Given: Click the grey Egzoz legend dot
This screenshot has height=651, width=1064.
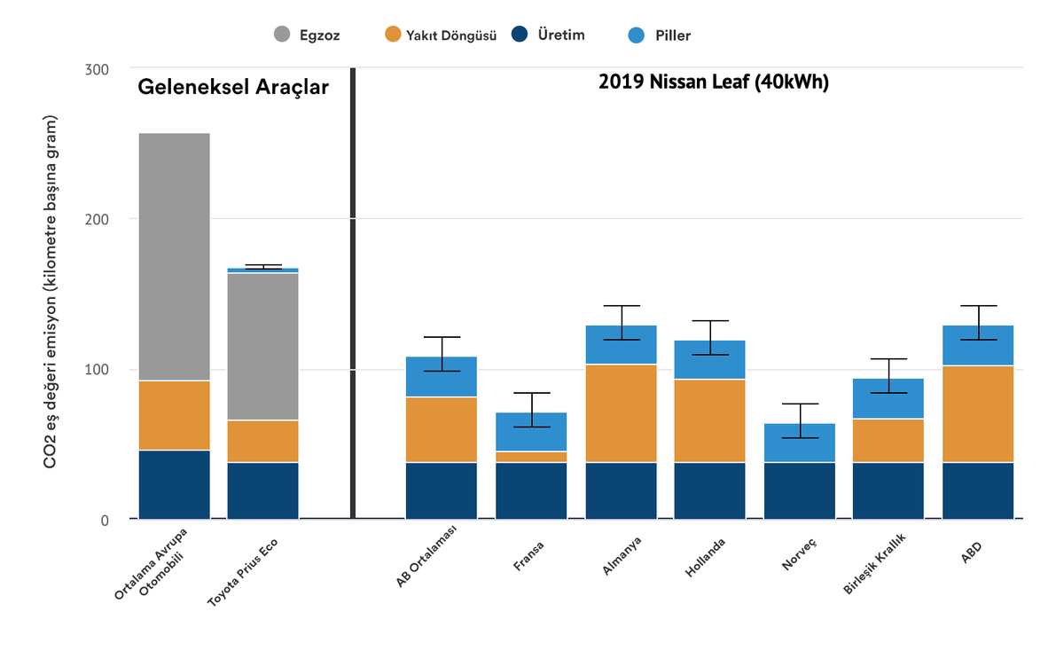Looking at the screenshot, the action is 282,35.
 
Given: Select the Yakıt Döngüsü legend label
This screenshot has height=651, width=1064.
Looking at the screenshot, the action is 451,35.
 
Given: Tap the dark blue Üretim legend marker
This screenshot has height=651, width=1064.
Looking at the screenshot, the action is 520,35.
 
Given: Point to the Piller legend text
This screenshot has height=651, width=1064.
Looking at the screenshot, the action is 673,35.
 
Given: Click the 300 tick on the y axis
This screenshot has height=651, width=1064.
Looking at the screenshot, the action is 97,70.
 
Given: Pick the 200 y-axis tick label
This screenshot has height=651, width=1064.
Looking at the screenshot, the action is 97,220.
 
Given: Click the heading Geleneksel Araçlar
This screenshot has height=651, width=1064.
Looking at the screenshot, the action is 233,88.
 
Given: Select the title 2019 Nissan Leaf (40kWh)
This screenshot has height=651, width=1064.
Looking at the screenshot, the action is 714,82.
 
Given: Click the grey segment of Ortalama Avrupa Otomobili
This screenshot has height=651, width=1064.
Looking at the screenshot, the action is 175,256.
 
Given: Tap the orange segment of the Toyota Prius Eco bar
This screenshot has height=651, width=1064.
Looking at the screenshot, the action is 263,442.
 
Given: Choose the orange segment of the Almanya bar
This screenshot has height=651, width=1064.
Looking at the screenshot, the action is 622,413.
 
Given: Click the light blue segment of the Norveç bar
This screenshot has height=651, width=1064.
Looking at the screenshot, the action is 800,443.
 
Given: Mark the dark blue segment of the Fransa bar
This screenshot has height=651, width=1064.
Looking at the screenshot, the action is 531,490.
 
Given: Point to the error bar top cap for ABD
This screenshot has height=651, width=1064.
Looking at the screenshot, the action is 979,305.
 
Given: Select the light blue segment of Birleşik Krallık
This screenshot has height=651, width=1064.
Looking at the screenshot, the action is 888,398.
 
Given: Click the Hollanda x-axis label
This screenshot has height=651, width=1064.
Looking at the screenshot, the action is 706,557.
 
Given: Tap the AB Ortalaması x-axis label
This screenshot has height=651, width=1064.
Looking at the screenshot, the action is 426,556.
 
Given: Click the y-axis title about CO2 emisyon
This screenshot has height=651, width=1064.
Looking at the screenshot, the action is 50,292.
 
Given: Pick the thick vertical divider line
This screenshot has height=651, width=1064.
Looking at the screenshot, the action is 353,294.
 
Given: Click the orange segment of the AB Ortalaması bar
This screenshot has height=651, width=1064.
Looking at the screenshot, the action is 442,430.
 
